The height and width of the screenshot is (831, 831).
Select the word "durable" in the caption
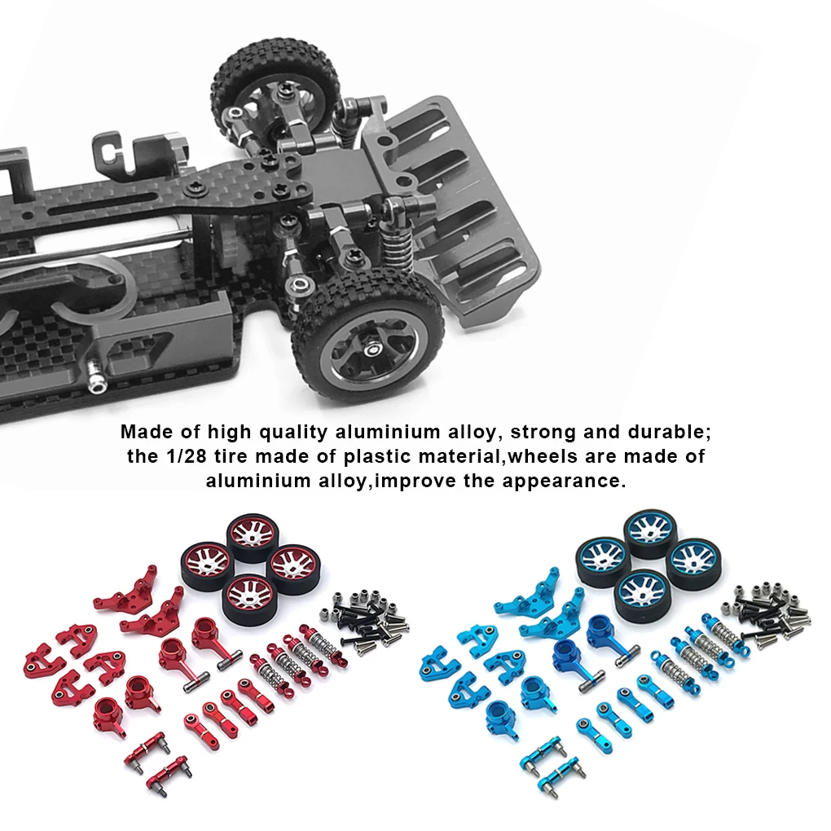click(x=666, y=432)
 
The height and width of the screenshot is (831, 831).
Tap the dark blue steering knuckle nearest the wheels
click(x=603, y=633)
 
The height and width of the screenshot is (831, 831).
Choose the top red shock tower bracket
click(x=127, y=589)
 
